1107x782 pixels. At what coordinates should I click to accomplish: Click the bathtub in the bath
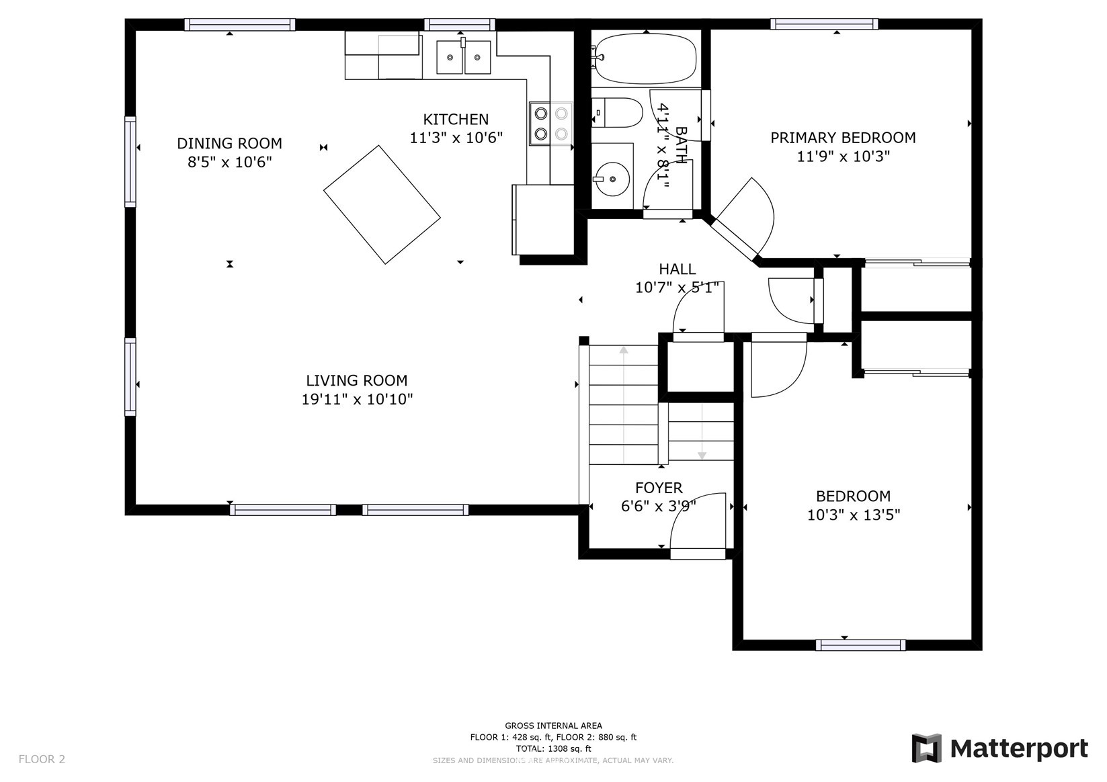(645, 59)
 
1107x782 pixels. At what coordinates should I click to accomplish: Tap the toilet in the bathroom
(617, 113)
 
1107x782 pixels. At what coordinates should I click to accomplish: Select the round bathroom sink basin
(612, 179)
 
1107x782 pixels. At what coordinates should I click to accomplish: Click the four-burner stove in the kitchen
(551, 124)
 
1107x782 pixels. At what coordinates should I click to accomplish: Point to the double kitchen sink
(464, 57)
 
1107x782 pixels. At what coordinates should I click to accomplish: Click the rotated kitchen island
(382, 204)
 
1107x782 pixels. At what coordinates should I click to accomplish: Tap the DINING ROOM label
(229, 143)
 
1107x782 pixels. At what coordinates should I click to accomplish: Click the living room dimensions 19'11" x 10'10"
(358, 399)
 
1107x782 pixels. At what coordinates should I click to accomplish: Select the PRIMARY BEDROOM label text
(843, 138)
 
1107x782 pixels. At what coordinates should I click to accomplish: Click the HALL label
(678, 269)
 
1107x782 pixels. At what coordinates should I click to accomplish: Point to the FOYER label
(659, 488)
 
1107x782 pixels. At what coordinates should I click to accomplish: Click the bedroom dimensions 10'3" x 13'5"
(854, 515)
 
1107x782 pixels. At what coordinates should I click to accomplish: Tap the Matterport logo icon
(927, 748)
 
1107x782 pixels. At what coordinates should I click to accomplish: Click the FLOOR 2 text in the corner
(42, 759)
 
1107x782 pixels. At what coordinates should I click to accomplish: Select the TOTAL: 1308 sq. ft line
(554, 749)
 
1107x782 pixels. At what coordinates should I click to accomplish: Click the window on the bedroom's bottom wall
(860, 645)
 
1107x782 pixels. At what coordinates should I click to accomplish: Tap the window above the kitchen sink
(460, 24)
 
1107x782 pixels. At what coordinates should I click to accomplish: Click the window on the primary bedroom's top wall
(824, 24)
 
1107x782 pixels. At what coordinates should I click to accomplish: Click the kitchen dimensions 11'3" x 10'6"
(456, 138)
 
